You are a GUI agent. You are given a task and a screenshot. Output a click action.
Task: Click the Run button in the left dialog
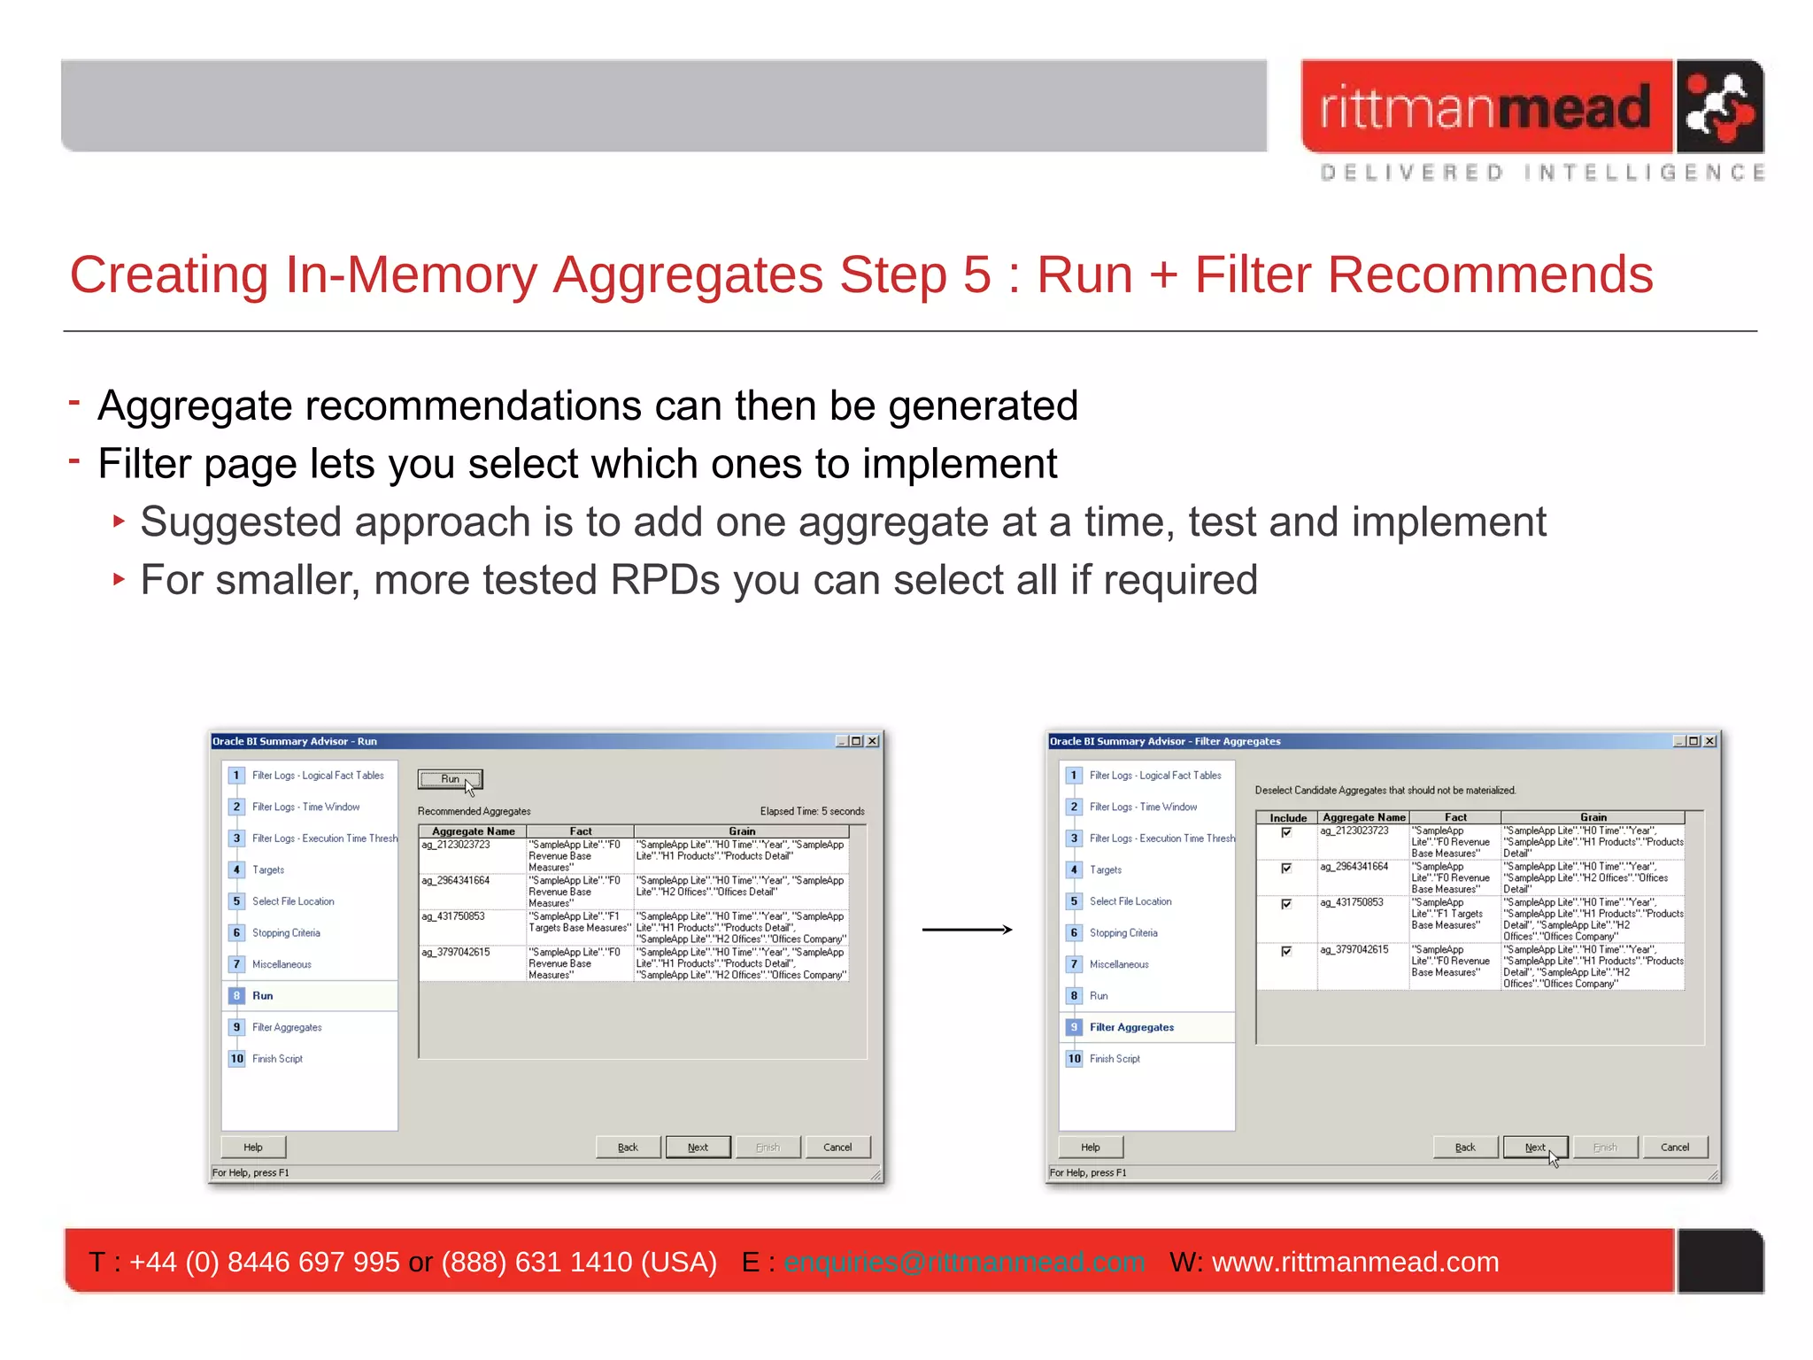point(450,779)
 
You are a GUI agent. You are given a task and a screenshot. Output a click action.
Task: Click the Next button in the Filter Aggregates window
point(1534,1147)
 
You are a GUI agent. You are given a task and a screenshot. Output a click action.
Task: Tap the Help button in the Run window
point(253,1147)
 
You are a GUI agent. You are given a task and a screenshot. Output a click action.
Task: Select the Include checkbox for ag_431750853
point(1286,903)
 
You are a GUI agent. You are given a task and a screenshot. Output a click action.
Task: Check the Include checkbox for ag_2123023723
point(1286,832)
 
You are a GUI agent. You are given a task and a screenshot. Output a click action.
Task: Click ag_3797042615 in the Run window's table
point(456,952)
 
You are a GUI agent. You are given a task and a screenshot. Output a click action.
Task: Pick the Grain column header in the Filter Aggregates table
point(1593,817)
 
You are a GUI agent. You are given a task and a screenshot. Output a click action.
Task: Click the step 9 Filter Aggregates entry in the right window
point(1130,1027)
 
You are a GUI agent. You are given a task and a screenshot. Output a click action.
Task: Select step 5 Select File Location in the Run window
point(292,901)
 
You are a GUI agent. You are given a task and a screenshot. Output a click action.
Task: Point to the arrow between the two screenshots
point(967,929)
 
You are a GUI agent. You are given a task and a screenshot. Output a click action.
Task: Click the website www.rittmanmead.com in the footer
point(1354,1262)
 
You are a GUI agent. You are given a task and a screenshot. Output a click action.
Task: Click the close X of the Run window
point(873,741)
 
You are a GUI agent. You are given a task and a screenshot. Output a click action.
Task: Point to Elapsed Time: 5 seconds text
point(812,811)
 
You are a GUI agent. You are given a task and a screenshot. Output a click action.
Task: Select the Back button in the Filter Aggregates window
point(1465,1147)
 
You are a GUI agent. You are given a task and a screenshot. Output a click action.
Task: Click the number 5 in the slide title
point(976,274)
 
